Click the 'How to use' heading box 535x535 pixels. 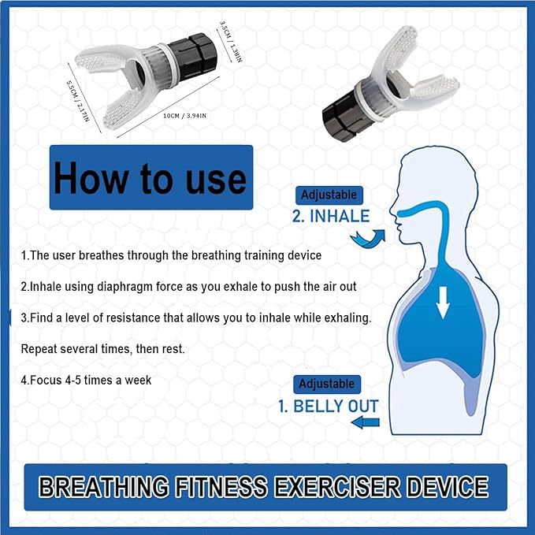click(150, 177)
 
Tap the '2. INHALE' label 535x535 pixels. click(330, 216)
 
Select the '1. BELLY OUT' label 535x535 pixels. click(328, 407)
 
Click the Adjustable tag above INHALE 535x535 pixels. click(329, 195)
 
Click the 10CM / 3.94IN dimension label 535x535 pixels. click(184, 116)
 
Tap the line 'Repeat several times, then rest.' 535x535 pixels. click(102, 348)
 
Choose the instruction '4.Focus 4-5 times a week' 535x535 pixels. click(86, 380)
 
